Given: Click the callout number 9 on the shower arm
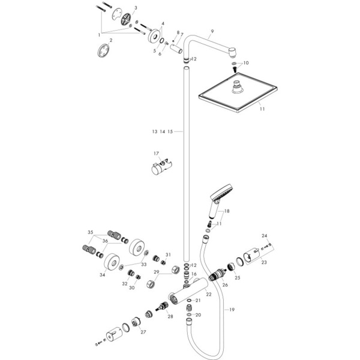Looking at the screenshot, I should pos(212,31).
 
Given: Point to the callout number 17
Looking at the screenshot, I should pos(156,154).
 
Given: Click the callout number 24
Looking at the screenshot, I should pos(265,236).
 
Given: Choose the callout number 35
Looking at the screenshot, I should pos(91,232).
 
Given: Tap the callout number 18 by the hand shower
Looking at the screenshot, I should pos(226,212).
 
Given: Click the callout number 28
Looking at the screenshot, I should pos(170,316).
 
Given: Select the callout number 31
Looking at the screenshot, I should pos(168,254).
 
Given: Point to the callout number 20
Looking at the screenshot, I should pos(199,314).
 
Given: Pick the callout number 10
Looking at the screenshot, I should pos(245,62).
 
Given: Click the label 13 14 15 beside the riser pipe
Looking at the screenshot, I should pos(162,131).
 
